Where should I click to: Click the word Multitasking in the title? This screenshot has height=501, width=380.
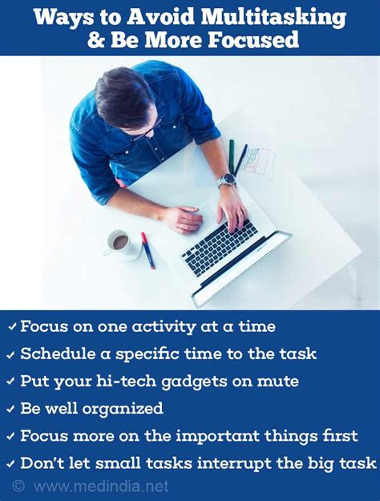click(x=273, y=18)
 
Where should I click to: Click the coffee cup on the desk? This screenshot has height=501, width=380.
click(x=121, y=244)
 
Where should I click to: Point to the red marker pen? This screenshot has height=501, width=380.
click(x=148, y=250)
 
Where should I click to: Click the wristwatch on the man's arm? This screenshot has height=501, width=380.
click(x=227, y=181)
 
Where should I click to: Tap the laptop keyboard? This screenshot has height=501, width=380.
click(x=219, y=247)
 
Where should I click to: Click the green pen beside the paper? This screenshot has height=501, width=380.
click(x=232, y=157)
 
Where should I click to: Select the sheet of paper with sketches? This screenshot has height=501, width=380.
click(x=258, y=163)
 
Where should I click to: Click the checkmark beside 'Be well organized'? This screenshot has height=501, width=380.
click(x=11, y=409)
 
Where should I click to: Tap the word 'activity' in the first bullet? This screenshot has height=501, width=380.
click(x=164, y=327)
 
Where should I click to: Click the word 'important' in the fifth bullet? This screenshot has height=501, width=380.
click(x=213, y=436)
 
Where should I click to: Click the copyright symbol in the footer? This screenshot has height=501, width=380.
click(x=18, y=486)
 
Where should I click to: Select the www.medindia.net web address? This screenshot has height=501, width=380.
click(x=101, y=487)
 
